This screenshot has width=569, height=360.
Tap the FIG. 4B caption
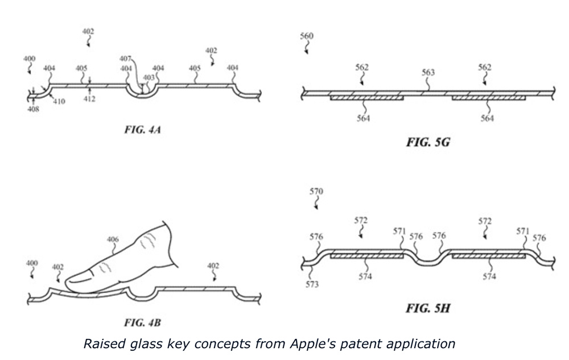point(141,323)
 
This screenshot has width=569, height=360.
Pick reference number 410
point(59,102)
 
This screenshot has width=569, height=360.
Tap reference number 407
point(125,59)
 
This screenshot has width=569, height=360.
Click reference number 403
point(149,78)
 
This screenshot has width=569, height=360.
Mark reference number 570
point(316,192)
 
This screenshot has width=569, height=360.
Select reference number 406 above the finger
point(113,239)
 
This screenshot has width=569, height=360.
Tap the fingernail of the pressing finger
point(80,278)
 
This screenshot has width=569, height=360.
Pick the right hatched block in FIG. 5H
point(488,256)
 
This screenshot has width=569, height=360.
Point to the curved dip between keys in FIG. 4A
point(141,93)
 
